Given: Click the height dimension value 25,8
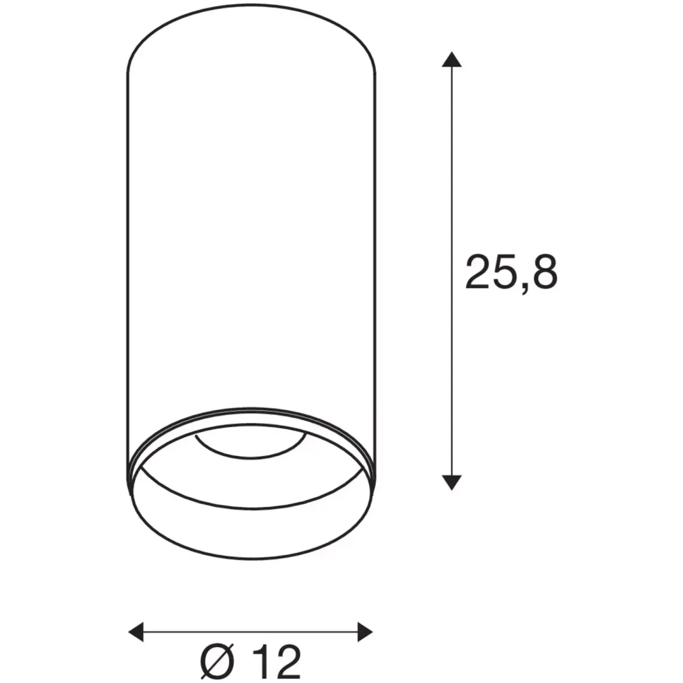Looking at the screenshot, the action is (x=511, y=272).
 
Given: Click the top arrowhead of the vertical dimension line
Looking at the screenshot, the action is (x=451, y=59).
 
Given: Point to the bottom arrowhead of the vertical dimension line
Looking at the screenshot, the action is (x=451, y=482).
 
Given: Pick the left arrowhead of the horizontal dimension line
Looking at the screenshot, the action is (x=136, y=632).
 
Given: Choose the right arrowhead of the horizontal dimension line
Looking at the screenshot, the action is (x=365, y=632).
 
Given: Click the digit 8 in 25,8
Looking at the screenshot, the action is (x=544, y=271).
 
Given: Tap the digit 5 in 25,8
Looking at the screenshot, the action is (x=506, y=271).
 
